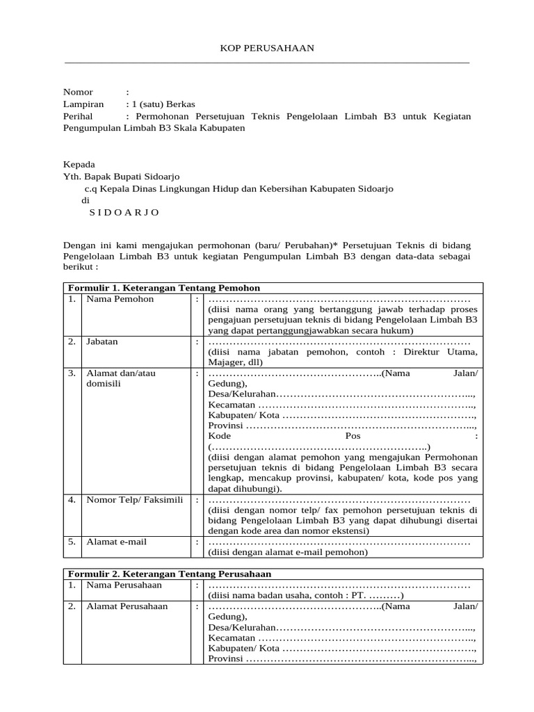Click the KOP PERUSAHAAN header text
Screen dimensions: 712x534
click(267, 48)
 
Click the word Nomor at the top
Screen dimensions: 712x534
click(78, 92)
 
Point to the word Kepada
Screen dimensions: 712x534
click(79, 165)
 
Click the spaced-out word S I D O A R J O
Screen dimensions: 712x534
click(124, 212)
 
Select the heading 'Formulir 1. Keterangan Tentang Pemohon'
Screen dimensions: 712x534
click(163, 288)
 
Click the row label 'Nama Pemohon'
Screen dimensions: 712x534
click(120, 300)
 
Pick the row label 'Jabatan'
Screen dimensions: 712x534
click(102, 342)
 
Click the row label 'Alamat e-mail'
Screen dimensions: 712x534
click(116, 542)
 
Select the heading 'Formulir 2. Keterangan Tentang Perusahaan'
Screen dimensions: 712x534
click(169, 574)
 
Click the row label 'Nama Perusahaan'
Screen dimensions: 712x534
click(124, 585)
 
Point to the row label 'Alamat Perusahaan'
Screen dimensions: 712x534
click(127, 606)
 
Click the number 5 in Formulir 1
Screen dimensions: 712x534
click(72, 542)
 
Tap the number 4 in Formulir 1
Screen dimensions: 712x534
click(72, 499)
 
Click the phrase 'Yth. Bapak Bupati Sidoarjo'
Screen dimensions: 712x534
click(126, 177)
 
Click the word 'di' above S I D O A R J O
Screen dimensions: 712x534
click(86, 200)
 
